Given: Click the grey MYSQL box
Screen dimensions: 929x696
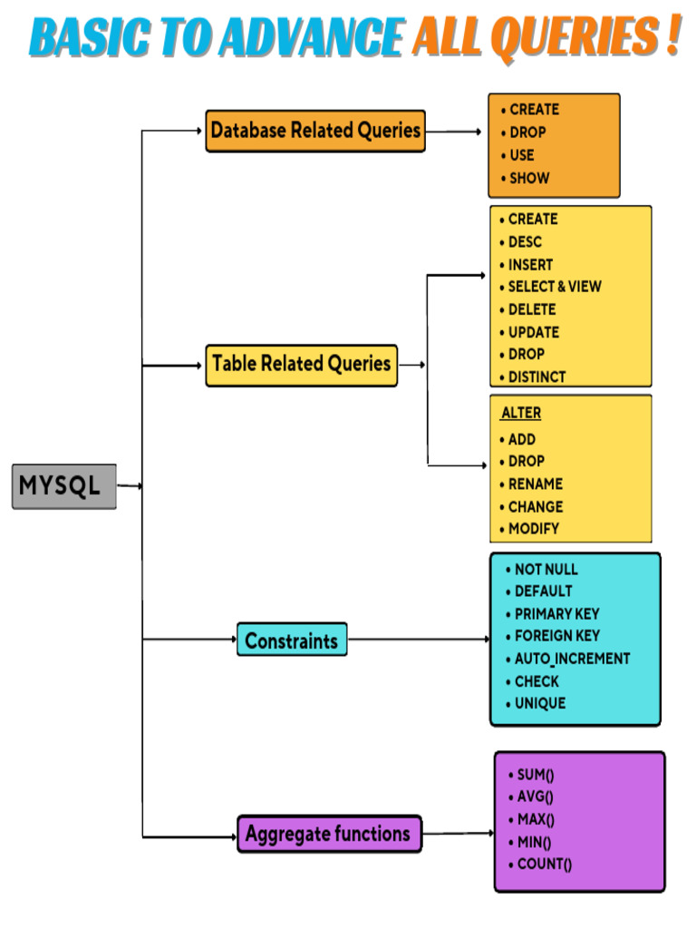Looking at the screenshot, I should click(63, 486).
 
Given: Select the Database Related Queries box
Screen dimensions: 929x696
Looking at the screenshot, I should click(315, 131).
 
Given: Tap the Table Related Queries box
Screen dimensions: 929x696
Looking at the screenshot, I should click(301, 365).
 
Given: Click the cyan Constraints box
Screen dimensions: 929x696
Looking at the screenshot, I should click(291, 641).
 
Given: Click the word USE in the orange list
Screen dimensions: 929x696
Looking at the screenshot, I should click(521, 155).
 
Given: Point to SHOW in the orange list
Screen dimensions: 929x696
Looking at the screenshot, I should click(528, 178).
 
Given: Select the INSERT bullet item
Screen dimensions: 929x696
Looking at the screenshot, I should click(530, 265).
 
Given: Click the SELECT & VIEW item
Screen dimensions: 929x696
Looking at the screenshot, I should click(554, 287).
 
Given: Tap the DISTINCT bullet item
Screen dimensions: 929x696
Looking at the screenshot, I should click(536, 376).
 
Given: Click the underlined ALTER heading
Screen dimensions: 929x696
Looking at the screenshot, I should click(521, 413).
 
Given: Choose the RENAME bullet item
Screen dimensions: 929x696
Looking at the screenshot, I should click(535, 484).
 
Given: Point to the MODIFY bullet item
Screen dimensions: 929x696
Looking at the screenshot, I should click(534, 529).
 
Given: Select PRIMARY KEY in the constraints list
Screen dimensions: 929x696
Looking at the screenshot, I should click(556, 614).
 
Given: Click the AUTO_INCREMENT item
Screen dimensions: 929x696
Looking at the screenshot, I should click(572, 659).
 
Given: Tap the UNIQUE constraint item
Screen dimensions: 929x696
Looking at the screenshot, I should click(539, 703).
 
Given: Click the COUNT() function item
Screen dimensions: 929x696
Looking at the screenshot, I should click(544, 865).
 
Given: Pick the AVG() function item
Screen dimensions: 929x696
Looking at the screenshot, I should click(535, 797).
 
